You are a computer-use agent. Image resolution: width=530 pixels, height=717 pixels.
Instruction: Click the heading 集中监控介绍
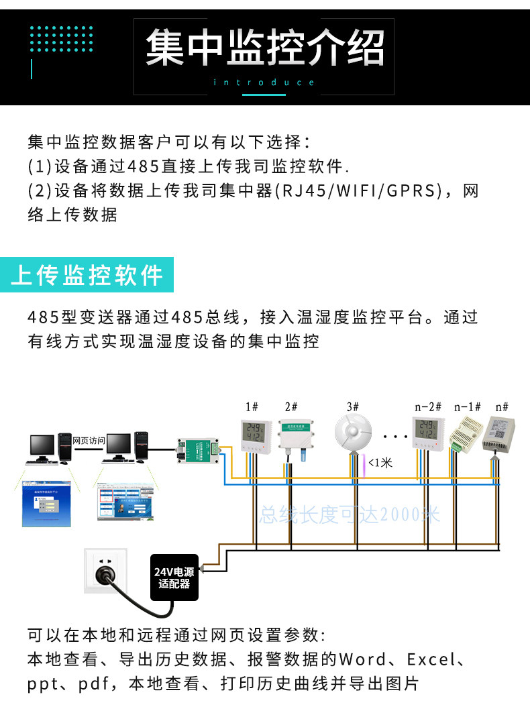click(x=265, y=48)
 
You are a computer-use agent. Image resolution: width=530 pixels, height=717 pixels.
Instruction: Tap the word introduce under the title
click(x=264, y=82)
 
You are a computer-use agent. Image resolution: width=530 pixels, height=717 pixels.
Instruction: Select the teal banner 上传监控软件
click(x=87, y=275)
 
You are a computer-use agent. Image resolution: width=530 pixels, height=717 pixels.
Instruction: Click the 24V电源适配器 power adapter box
click(x=174, y=577)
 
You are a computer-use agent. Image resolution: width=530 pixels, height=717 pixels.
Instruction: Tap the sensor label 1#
click(x=252, y=407)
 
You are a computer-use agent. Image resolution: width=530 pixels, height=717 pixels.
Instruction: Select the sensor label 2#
click(x=291, y=407)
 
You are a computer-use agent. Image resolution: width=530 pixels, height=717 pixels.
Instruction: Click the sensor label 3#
click(x=353, y=407)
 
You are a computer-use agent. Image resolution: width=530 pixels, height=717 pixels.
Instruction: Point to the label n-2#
click(x=428, y=407)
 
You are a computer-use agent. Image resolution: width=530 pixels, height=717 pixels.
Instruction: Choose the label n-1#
click(x=468, y=407)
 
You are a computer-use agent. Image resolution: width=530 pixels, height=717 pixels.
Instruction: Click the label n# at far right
click(x=501, y=407)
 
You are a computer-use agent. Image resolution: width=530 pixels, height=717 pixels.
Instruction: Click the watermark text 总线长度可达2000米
click(x=350, y=515)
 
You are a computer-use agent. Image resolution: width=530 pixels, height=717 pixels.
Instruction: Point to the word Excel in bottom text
click(x=431, y=659)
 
